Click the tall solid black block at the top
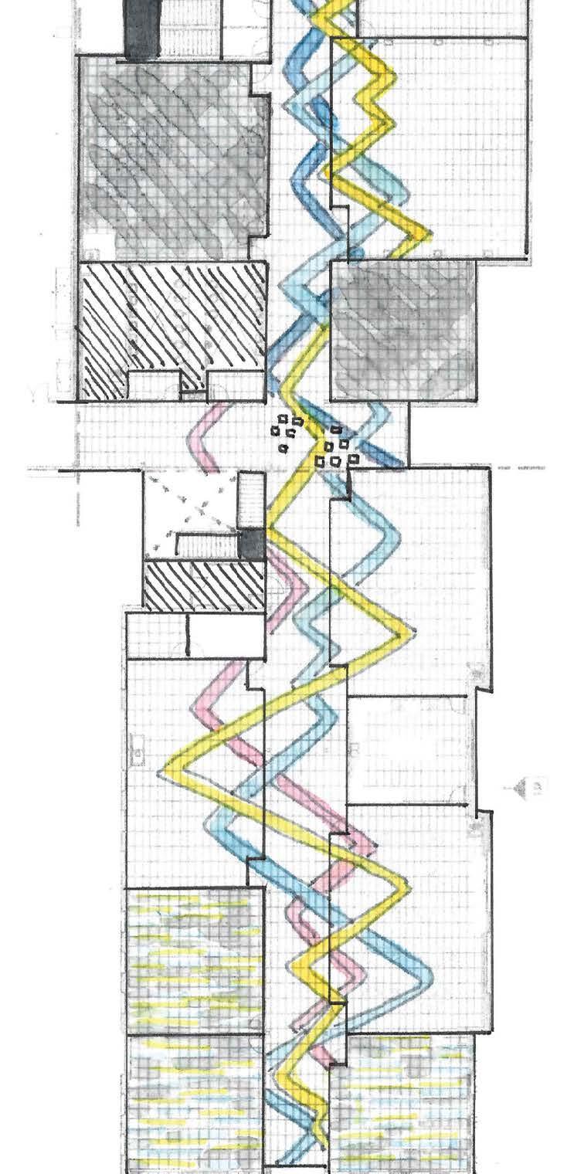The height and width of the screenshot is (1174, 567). tap(143, 29)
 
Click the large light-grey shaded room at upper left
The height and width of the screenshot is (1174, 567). tap(174, 158)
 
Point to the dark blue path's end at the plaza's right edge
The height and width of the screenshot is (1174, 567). tap(397, 463)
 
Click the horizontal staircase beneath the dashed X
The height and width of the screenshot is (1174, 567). tap(207, 545)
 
